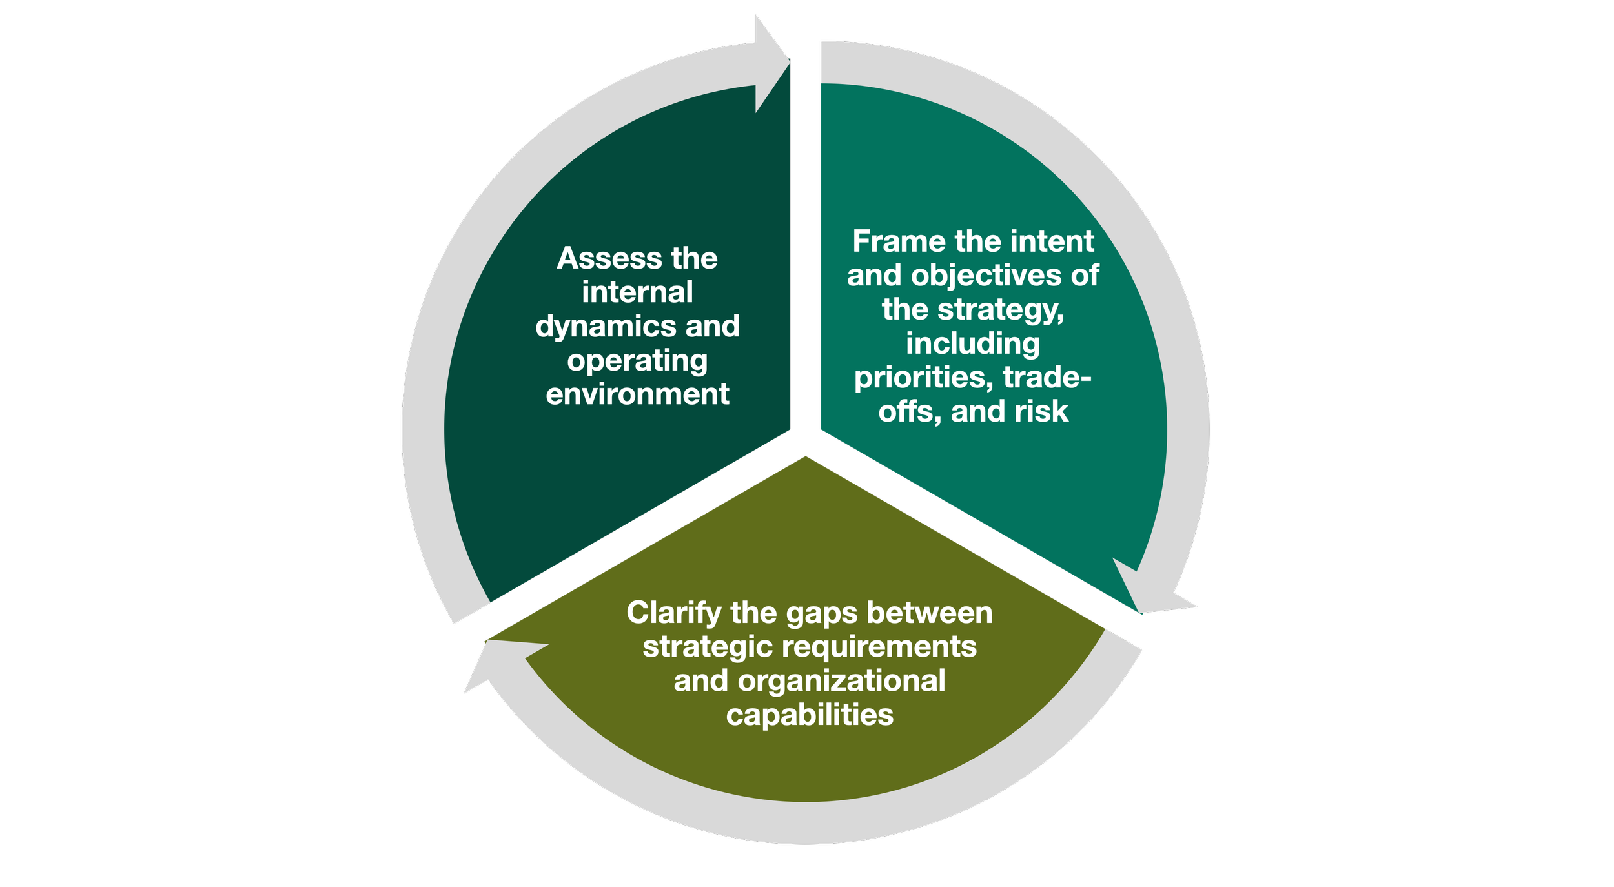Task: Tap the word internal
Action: [x=637, y=292]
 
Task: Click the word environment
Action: [x=637, y=394]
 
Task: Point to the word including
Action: [x=972, y=344]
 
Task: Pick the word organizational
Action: [x=841, y=681]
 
